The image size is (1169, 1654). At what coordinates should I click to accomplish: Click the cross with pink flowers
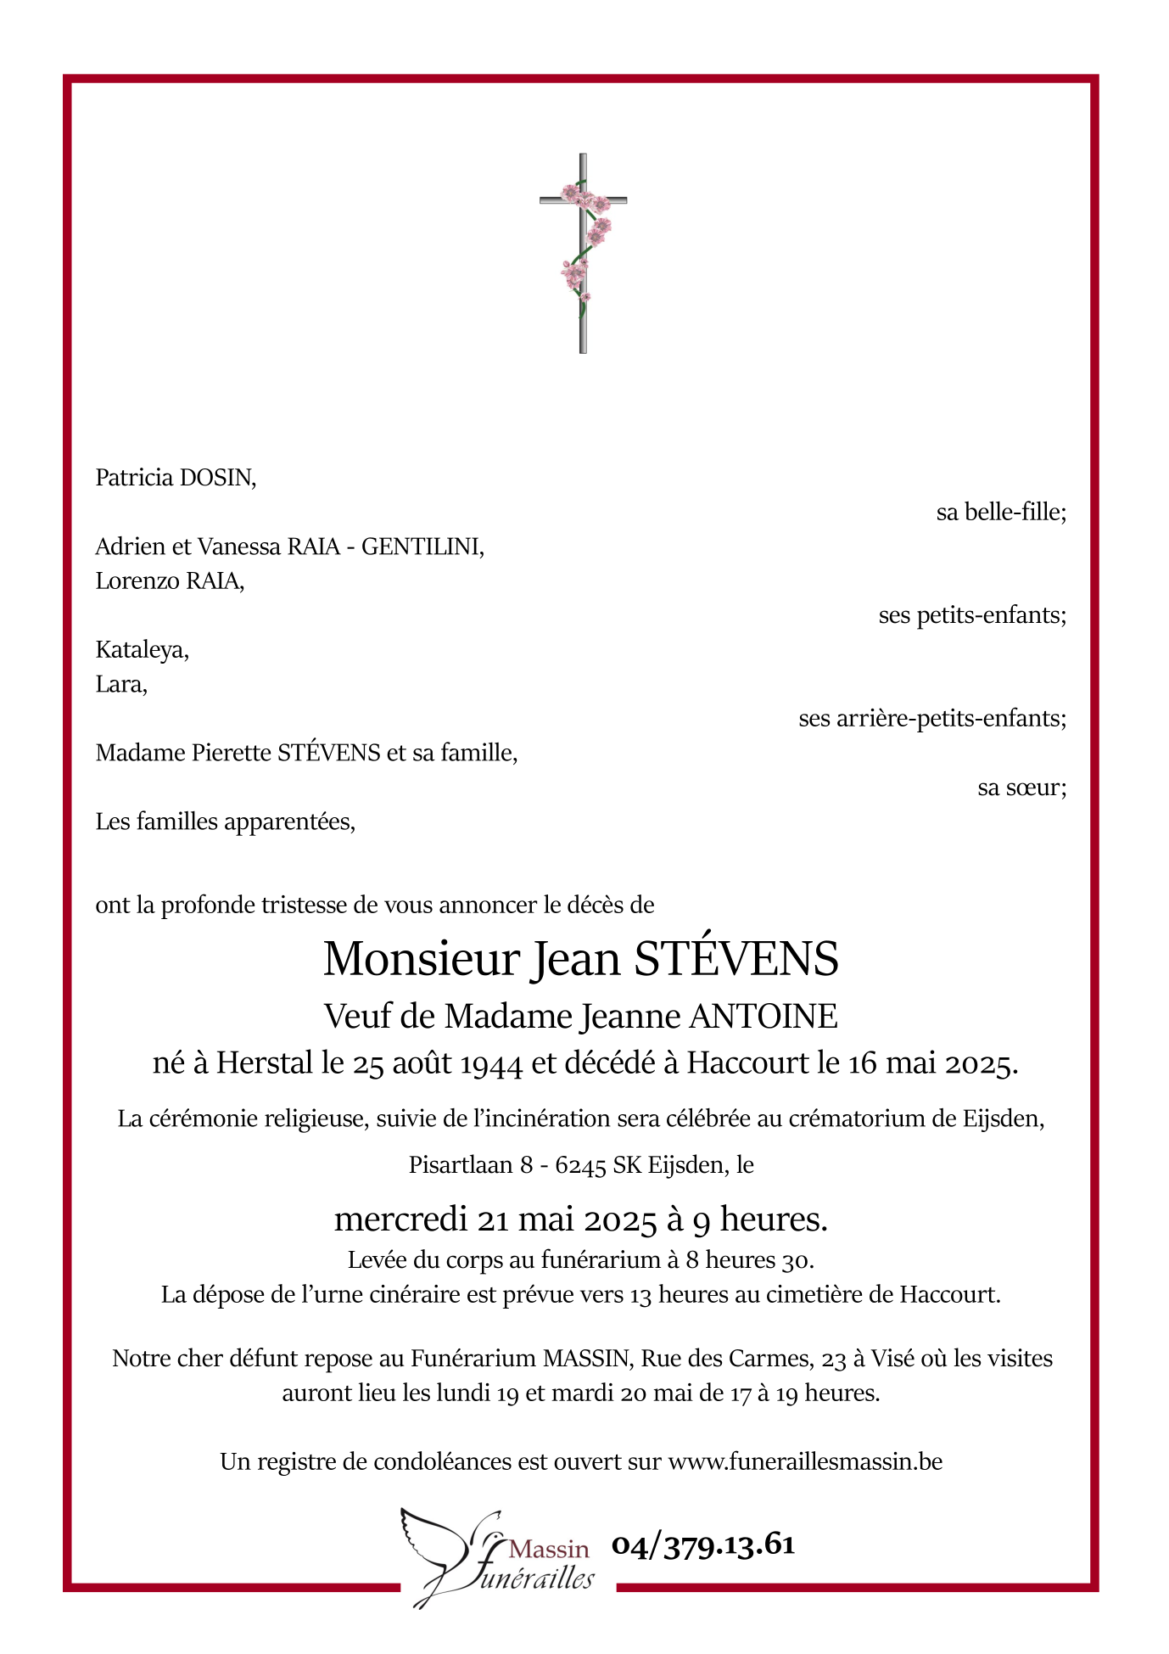(x=583, y=253)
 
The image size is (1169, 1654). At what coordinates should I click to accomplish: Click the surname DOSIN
(x=217, y=478)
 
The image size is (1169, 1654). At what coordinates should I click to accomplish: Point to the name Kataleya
(x=142, y=650)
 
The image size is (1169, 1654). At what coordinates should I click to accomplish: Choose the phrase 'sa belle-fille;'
(x=1000, y=513)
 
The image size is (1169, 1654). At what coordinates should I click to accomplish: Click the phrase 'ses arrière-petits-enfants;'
(x=931, y=719)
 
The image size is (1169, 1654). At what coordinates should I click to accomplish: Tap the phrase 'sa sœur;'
(x=1021, y=788)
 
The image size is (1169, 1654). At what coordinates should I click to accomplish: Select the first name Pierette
(x=232, y=753)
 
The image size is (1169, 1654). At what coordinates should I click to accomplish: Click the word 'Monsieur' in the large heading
(x=421, y=959)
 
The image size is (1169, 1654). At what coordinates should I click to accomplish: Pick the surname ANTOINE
(x=763, y=1016)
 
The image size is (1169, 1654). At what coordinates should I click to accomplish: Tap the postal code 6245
(x=580, y=1165)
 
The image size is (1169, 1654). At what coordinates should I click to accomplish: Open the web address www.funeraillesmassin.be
(x=805, y=1461)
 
